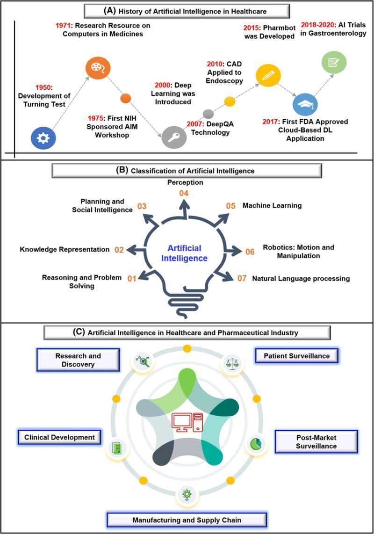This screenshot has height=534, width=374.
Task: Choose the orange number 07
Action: pos(242,278)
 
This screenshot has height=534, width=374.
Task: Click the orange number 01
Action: pos(131,279)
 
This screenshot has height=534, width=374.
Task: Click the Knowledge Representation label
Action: pos(65,249)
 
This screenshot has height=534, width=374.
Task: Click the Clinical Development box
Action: pos(59,437)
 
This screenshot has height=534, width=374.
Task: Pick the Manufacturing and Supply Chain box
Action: pos(187,520)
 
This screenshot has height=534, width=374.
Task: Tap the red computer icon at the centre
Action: pos(187,423)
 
